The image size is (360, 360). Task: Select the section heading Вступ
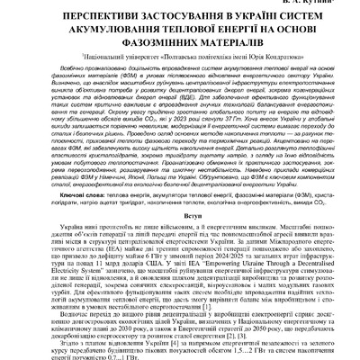point(180,218)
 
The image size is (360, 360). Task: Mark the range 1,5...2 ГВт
point(265,350)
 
